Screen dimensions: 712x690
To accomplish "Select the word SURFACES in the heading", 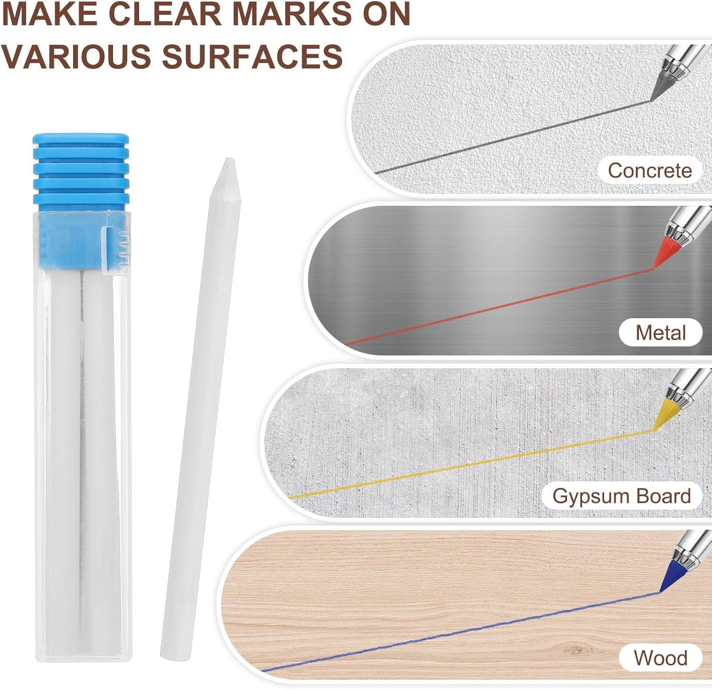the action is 252,55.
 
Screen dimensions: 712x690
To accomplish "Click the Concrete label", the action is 650,170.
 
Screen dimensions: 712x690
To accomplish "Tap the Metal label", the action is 661,332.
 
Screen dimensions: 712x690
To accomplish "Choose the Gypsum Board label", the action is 621,496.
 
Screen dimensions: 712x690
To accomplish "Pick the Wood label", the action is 660,658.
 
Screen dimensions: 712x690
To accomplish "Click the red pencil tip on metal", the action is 665,253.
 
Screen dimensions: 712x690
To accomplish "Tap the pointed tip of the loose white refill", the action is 229,160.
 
